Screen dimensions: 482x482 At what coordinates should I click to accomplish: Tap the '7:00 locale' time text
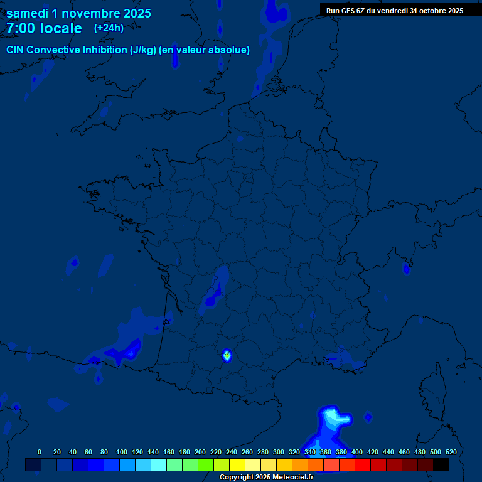(44, 28)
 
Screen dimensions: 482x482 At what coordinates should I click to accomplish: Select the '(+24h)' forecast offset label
(109, 28)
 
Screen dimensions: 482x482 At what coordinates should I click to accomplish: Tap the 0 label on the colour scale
(40, 452)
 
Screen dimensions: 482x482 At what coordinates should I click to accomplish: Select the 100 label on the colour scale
(122, 452)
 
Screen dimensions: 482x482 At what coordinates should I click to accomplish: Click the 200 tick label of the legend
(200, 452)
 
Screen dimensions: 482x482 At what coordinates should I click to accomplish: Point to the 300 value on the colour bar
(279, 452)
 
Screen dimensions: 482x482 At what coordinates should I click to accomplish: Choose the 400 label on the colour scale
(357, 452)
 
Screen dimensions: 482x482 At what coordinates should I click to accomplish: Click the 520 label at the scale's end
(451, 452)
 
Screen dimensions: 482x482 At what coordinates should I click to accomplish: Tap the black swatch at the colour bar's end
(441, 464)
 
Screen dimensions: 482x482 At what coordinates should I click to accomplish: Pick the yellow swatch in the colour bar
(237, 464)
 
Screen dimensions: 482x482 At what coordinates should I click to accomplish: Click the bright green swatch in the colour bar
(206, 464)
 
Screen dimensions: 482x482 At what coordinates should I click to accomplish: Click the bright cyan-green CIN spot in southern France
(227, 355)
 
